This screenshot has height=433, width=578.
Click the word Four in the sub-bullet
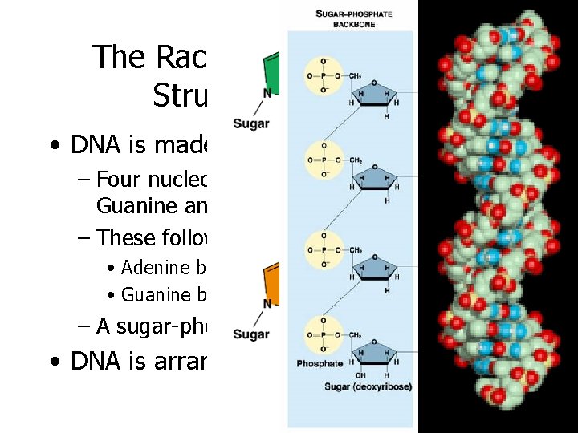121,179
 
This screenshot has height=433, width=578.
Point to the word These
124,237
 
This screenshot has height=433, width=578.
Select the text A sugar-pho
152,326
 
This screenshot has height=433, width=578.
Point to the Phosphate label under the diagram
320,363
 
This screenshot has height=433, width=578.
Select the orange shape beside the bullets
275,280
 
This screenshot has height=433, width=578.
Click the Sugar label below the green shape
250,123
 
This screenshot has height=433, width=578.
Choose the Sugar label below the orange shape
250,333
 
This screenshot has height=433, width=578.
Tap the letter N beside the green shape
267,94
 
